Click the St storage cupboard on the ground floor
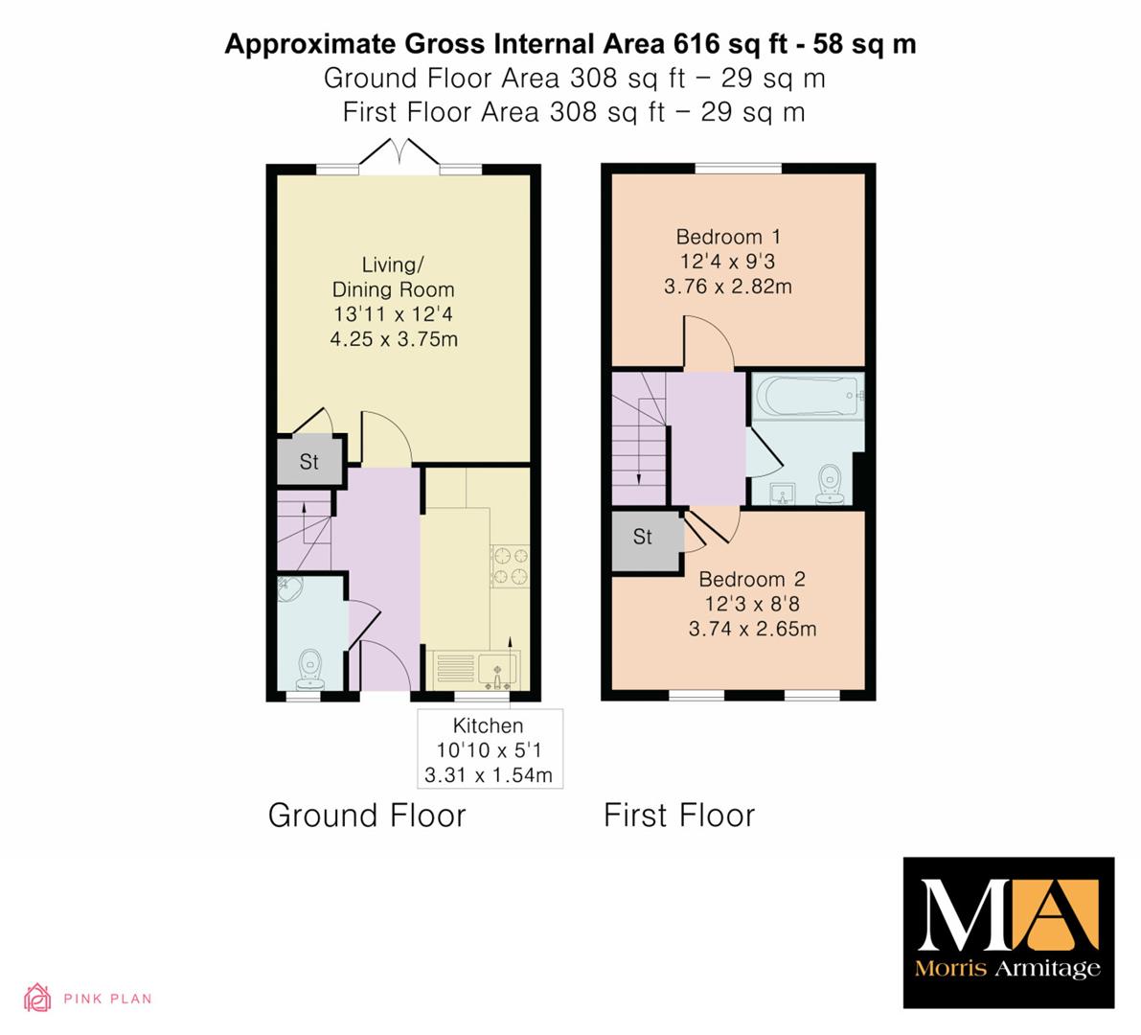coord(309,462)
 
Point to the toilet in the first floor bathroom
coord(830,484)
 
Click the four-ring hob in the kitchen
coord(510,567)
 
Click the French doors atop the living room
coord(399,155)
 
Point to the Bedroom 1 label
coord(728,237)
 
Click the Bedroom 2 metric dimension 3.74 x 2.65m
coord(752,628)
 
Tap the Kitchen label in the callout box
coord(488,725)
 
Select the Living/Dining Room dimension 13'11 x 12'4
coord(393,314)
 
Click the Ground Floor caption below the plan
coord(367,816)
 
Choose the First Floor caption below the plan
coord(679,816)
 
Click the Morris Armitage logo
coord(1009,932)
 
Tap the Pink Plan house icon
coord(37,998)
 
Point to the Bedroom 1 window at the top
coord(738,169)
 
